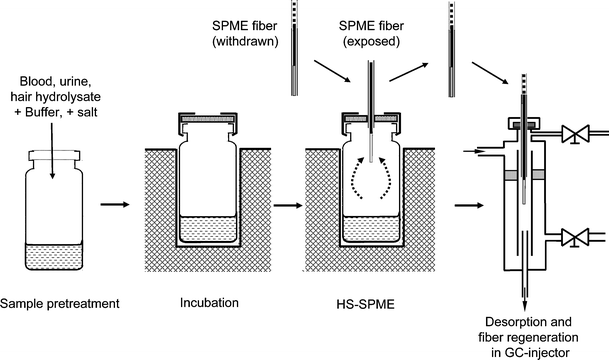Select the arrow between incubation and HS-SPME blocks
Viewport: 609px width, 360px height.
(x=287, y=208)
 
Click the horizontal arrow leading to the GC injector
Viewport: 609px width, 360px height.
(x=466, y=208)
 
